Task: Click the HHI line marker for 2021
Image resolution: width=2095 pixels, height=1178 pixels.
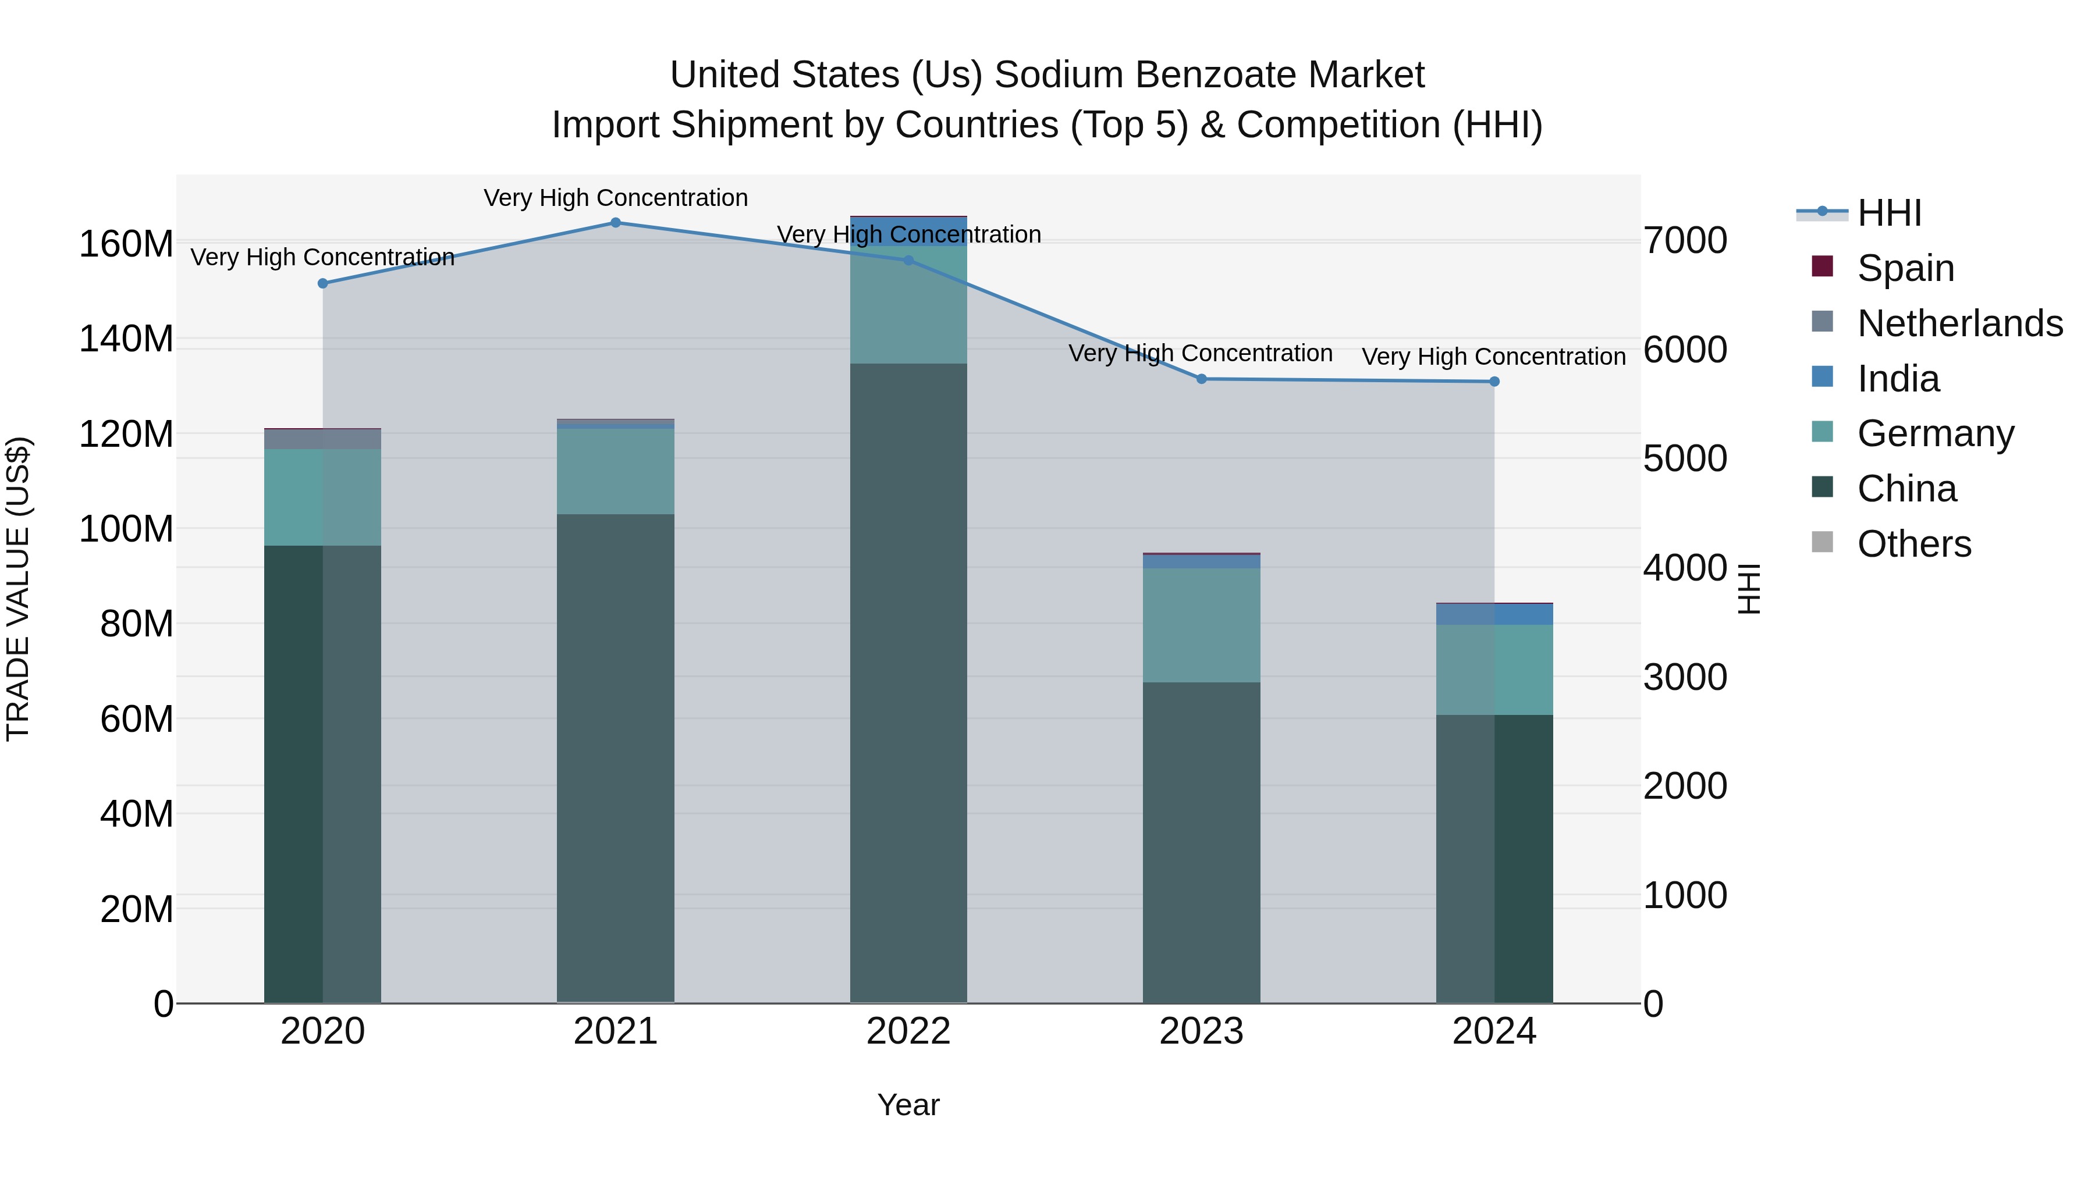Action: [x=616, y=223]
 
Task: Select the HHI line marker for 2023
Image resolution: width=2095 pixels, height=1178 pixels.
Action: [x=1201, y=379]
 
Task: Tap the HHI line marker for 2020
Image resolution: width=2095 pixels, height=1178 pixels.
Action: [x=323, y=284]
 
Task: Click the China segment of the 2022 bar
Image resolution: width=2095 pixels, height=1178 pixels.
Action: [x=908, y=683]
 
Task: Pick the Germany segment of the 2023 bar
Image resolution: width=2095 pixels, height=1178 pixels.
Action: [x=1201, y=625]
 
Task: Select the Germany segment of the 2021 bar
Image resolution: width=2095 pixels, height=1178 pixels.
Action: [x=616, y=472]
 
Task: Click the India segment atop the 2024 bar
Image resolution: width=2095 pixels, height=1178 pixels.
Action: [x=1494, y=615]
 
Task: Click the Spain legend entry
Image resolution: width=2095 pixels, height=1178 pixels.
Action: [x=1905, y=268]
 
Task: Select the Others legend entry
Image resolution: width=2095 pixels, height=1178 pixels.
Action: [x=1913, y=544]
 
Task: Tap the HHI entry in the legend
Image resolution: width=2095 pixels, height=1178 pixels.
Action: [x=1889, y=213]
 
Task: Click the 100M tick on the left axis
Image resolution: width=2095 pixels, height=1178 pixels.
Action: [x=126, y=529]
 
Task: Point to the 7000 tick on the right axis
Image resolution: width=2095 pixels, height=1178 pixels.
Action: [x=1684, y=241]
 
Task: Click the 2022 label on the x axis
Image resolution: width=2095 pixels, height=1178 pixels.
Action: [x=908, y=1031]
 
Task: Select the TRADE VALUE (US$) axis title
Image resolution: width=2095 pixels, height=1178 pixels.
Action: [x=18, y=589]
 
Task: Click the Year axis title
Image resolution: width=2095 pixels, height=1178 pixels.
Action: [x=908, y=1105]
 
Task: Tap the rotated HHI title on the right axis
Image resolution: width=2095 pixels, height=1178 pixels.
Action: [x=1749, y=589]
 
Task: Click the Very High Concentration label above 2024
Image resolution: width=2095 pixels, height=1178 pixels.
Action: [x=1493, y=357]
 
